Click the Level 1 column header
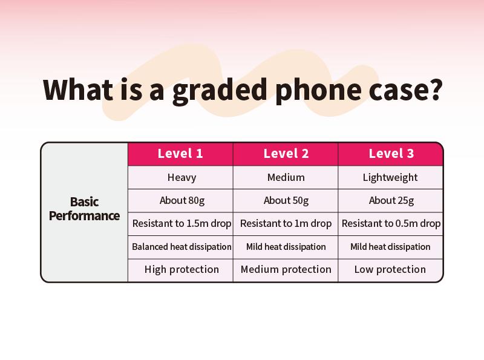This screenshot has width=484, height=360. (180, 154)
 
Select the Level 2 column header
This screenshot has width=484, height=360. (286, 154)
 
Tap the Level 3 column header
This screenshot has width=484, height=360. (391, 154)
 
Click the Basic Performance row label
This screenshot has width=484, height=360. (84, 209)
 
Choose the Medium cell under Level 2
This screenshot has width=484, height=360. (286, 177)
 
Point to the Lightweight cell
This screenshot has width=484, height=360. (390, 178)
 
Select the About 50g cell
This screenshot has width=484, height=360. (286, 201)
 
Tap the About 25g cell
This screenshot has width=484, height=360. (391, 201)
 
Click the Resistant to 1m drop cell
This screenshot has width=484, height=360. (286, 223)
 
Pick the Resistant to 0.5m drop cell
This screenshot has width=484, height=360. (391, 223)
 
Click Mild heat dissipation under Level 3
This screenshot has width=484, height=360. (390, 247)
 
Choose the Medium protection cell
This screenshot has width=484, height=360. (286, 270)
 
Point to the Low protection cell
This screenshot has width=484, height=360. (390, 270)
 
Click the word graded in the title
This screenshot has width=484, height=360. (220, 91)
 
